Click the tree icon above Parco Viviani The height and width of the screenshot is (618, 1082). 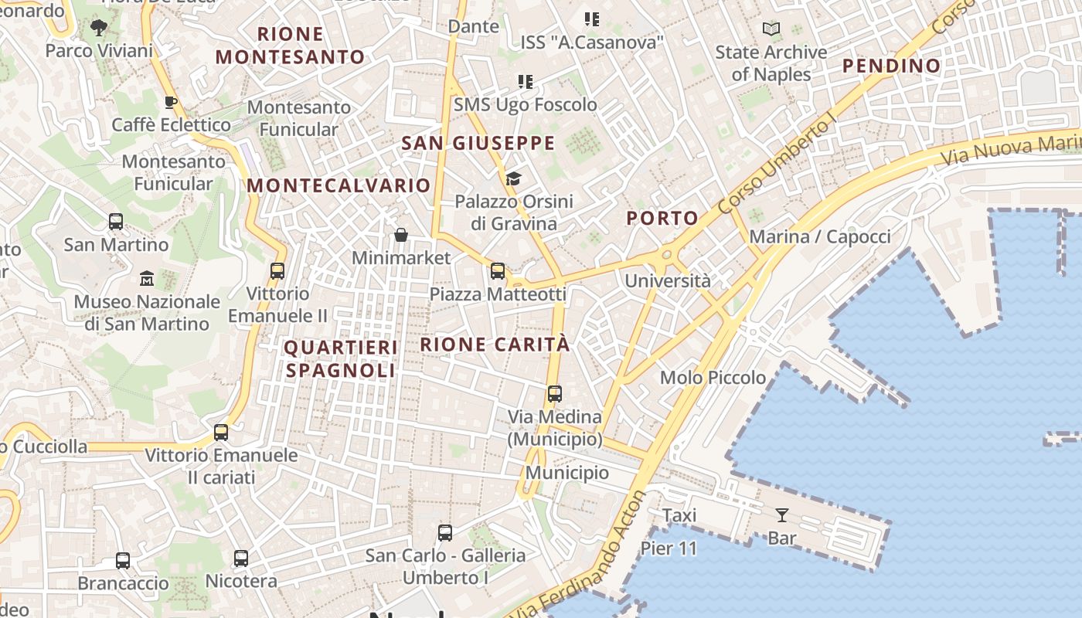tap(98, 29)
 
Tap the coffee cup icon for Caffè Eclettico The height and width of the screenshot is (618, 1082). tap(171, 102)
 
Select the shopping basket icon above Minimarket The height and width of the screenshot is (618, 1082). tap(401, 235)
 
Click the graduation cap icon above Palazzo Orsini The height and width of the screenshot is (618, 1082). tap(512, 179)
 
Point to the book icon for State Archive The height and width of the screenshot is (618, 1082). tap(771, 29)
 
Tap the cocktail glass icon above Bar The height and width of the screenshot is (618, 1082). tap(782, 514)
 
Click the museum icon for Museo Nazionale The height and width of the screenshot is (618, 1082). tap(146, 278)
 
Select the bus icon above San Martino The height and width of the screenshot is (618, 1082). tap(116, 222)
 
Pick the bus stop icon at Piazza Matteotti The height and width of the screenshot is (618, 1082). tap(498, 271)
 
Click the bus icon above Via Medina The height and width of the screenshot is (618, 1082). tap(554, 394)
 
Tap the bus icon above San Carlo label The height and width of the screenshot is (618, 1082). tap(445, 532)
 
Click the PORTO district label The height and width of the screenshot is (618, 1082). tap(662, 219)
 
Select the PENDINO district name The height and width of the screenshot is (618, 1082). tap(891, 66)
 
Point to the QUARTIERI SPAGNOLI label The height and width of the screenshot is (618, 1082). tap(341, 359)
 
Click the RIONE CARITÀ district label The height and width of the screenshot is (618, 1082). tap(495, 345)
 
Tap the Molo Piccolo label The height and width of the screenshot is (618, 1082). tap(713, 378)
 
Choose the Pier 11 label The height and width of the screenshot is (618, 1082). tap(669, 548)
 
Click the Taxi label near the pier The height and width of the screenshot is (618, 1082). tap(679, 515)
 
